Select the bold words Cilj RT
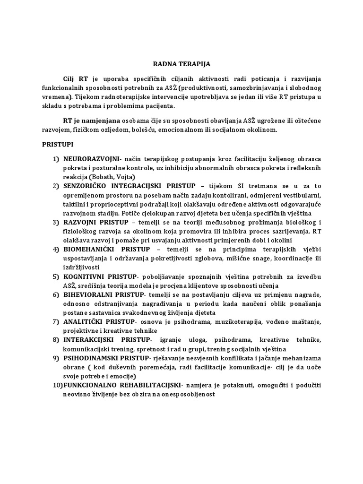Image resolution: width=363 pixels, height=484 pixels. (75, 78)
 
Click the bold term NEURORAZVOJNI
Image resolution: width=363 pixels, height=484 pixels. (91, 160)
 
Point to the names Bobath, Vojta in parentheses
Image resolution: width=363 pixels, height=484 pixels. (113, 177)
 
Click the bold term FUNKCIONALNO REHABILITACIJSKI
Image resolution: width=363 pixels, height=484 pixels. (121, 385)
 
